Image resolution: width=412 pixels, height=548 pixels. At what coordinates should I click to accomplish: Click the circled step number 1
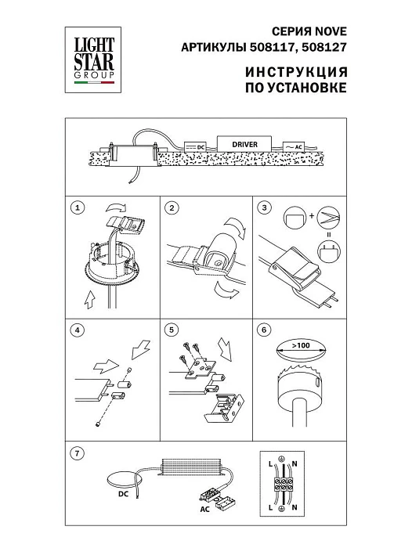pos(76,208)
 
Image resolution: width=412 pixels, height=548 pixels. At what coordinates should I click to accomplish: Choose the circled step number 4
pos(76,330)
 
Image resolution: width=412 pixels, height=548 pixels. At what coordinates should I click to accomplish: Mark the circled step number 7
pos(76,452)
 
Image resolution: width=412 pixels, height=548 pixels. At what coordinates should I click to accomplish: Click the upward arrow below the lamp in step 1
pos(90,298)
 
